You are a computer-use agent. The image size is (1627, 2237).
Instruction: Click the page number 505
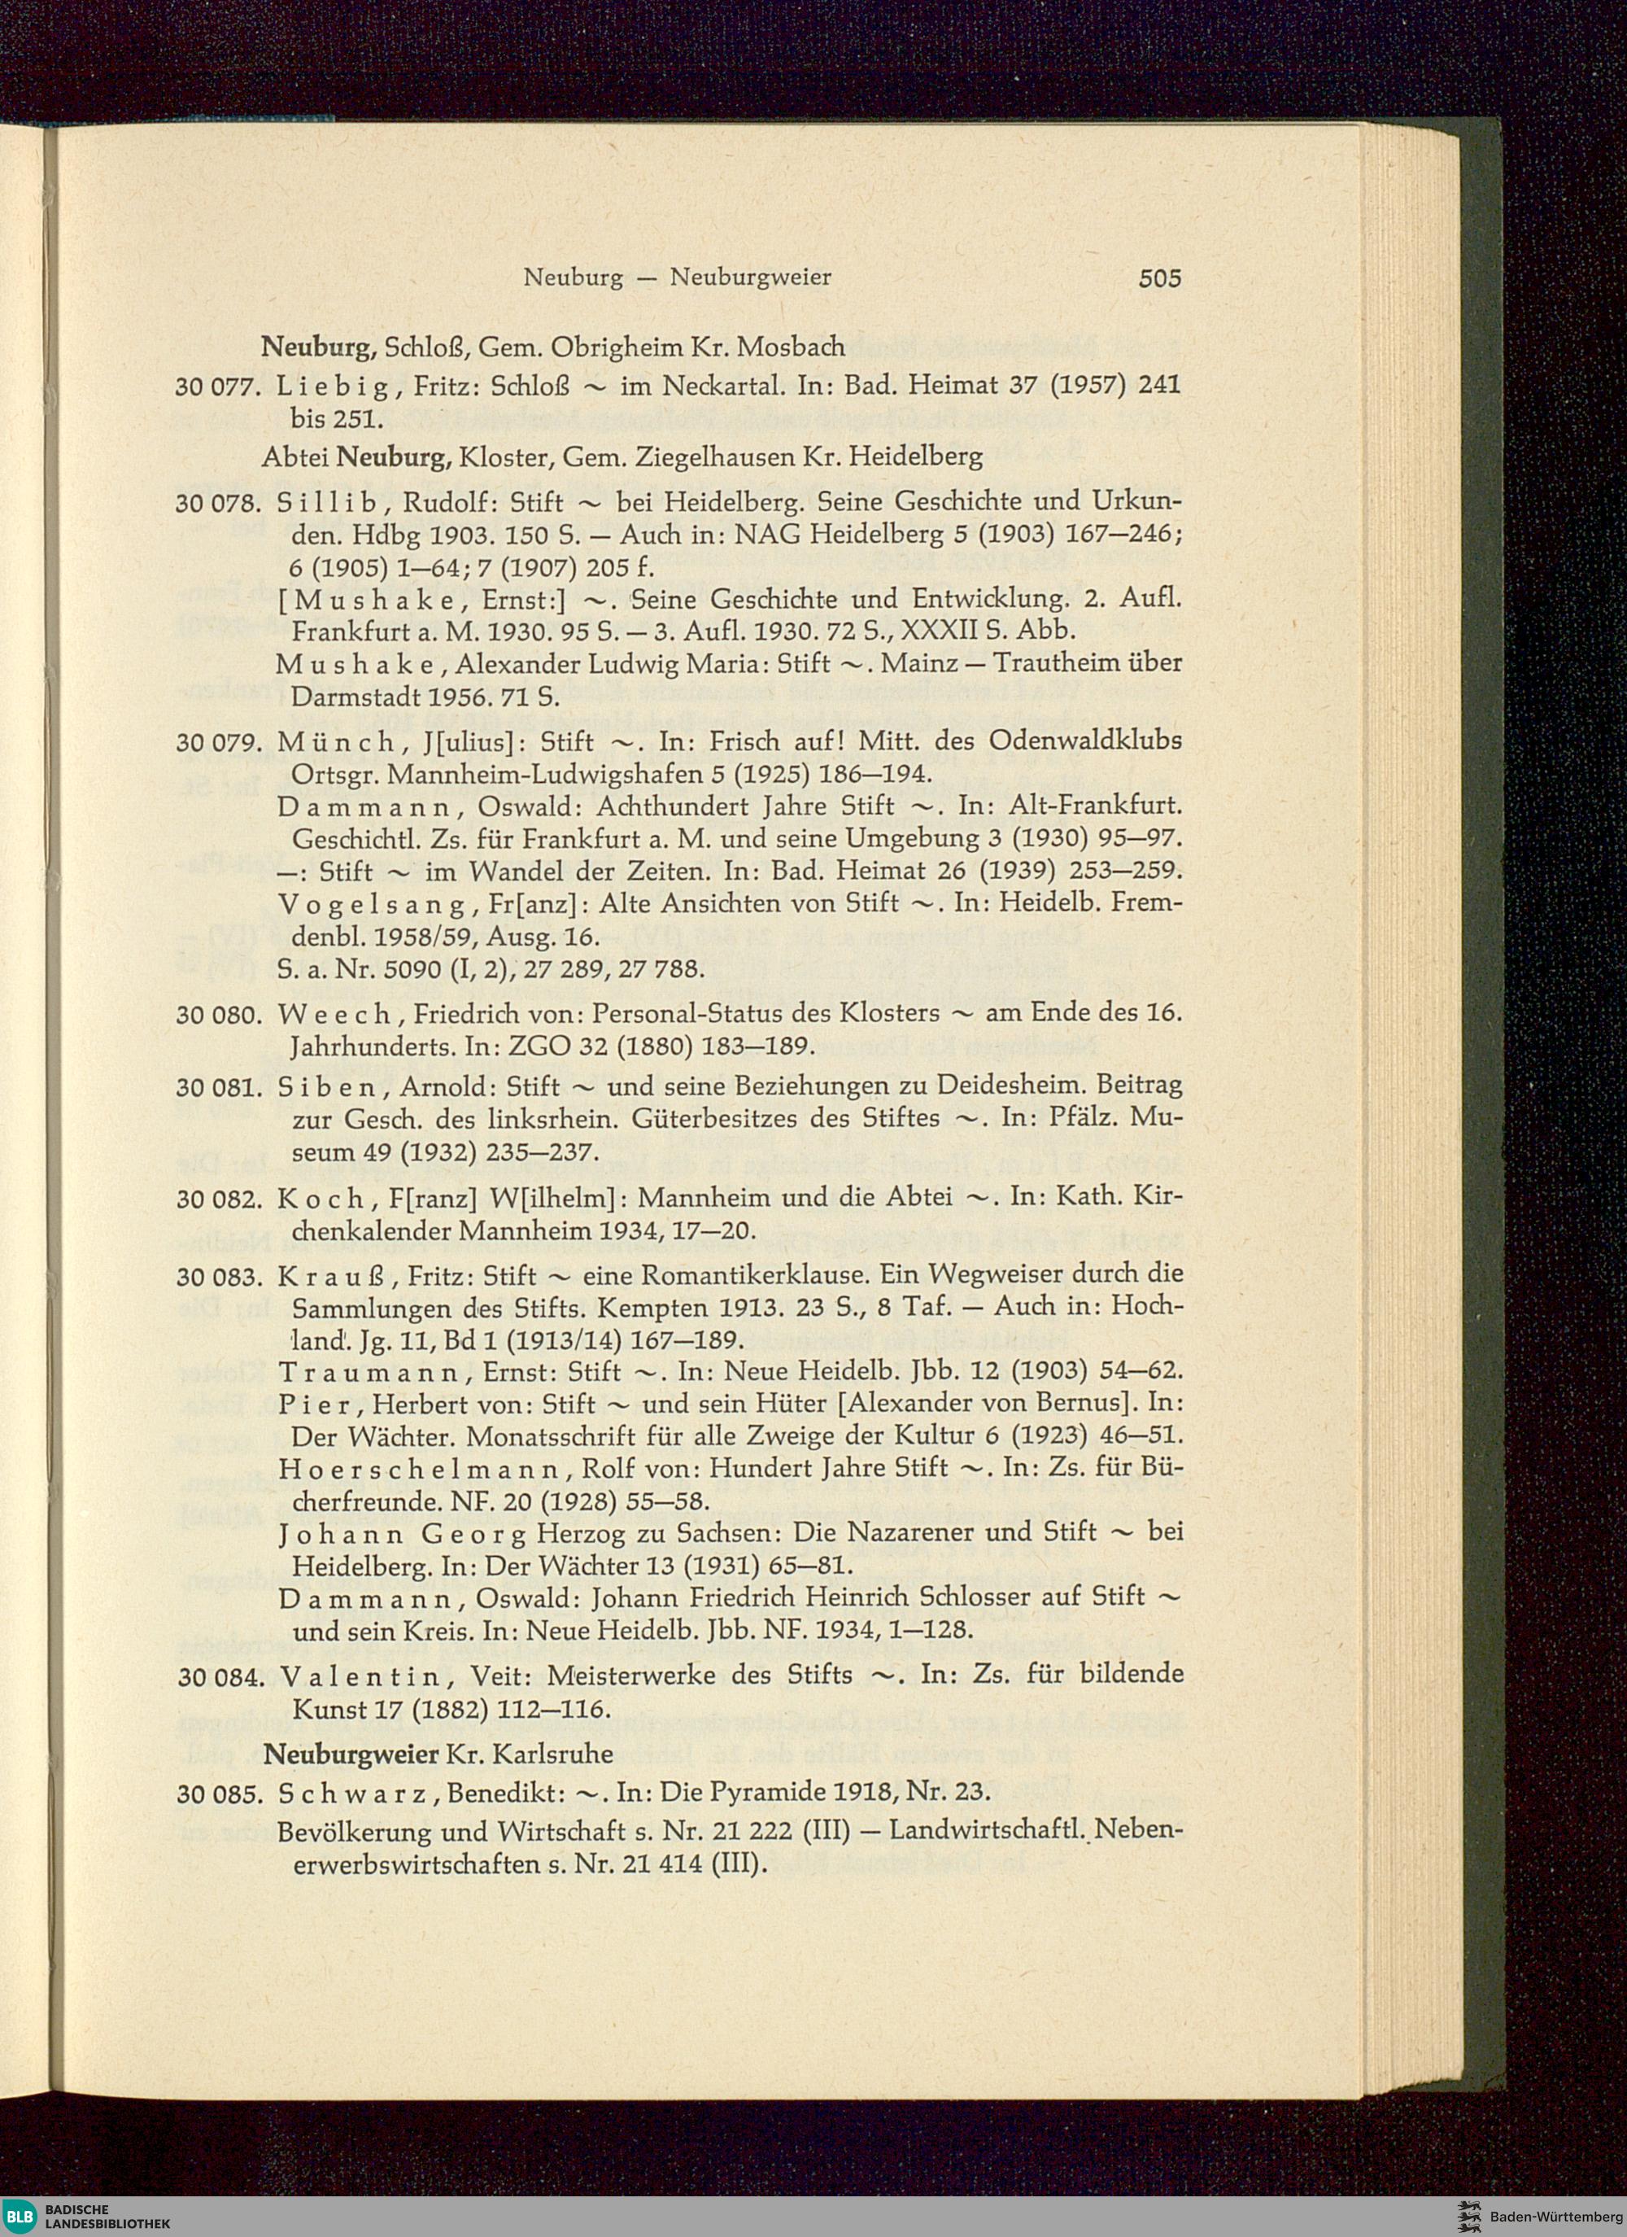tap(1158, 279)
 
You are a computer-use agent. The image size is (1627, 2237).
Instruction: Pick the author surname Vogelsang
tap(373, 903)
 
